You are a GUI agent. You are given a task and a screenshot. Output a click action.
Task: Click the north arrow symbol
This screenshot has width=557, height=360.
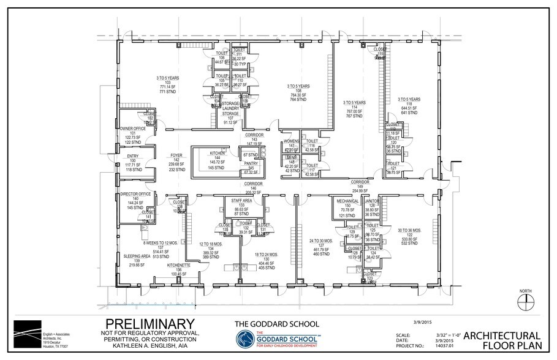(523, 299)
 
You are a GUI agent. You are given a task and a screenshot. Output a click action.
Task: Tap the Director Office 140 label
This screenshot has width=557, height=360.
(135, 201)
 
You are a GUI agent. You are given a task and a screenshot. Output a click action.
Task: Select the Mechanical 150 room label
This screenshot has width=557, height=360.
(347, 208)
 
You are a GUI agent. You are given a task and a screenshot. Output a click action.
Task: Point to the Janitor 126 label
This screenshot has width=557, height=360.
(372, 208)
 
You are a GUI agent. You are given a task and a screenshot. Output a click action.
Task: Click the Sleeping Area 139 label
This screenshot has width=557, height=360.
(138, 259)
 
